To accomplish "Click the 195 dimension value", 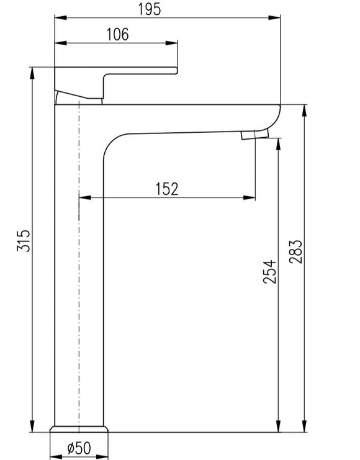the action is pyautogui.click(x=150, y=9).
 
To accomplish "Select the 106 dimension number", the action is pyautogui.click(x=117, y=34).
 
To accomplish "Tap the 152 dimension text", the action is pyautogui.click(x=166, y=189).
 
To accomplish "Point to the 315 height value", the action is pyautogui.click(x=24, y=241).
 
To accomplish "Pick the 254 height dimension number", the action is pyautogui.click(x=270, y=272).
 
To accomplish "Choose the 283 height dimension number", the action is pyautogui.click(x=295, y=251).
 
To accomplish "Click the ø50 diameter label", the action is pyautogui.click(x=79, y=448).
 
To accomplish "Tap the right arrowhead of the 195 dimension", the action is pyautogui.click(x=274, y=18).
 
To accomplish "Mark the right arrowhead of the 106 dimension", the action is pyautogui.click(x=171, y=43).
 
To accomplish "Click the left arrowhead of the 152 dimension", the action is pyautogui.click(x=85, y=198).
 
